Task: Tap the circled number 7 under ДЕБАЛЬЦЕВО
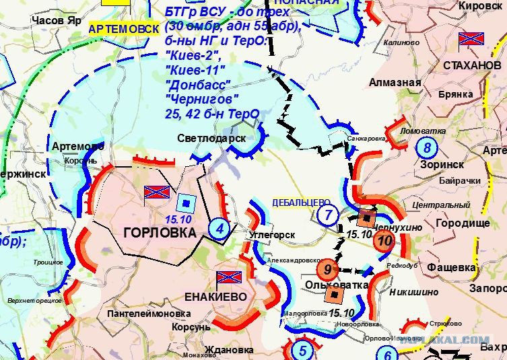pos(327,216)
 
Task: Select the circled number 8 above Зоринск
pos(426,147)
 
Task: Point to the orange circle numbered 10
pos(384,241)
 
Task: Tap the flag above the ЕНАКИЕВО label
pos(227,278)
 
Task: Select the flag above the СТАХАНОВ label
pos(471,39)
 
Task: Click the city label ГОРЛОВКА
pos(160,233)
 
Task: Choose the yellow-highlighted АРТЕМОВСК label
pos(125,28)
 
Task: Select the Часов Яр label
pos(57,20)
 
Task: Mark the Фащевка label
pos(450,267)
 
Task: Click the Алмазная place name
pos(395,82)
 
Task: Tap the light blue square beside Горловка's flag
pos(185,201)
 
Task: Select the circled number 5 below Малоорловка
pos(302,351)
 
